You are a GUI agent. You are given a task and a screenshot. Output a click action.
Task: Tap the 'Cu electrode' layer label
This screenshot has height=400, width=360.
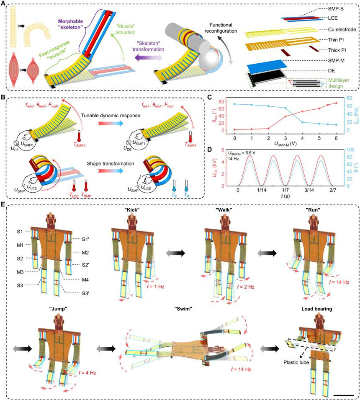(x=342, y=29)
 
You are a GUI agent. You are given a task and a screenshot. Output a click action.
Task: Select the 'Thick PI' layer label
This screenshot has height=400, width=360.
(x=337, y=50)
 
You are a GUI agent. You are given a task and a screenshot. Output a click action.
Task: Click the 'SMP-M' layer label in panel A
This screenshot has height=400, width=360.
(x=336, y=60)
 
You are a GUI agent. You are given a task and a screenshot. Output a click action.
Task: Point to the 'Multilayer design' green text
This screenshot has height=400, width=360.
(x=339, y=83)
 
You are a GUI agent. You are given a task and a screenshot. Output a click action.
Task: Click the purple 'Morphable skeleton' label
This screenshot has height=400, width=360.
(x=70, y=24)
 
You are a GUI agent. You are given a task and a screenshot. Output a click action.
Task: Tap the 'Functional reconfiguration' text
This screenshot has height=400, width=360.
(x=221, y=28)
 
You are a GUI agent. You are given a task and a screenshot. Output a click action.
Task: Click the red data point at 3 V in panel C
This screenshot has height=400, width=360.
(x=285, y=116)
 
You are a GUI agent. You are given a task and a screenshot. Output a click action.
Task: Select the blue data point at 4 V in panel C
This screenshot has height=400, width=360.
(x=302, y=122)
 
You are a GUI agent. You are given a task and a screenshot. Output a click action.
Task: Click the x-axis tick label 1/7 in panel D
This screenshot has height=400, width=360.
(x=285, y=190)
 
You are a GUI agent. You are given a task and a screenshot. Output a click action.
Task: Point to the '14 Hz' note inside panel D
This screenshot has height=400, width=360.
(x=233, y=159)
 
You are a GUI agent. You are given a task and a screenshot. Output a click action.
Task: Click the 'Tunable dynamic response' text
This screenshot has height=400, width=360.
(x=111, y=116)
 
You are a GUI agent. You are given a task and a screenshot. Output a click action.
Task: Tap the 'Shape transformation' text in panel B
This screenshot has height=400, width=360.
(x=111, y=163)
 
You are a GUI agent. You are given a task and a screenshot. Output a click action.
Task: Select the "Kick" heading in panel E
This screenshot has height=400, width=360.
(x=132, y=210)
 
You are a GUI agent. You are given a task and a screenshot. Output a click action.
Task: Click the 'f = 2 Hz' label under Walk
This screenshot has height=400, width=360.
(x=246, y=287)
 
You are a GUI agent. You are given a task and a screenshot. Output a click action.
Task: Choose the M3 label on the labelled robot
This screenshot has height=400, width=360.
(x=20, y=272)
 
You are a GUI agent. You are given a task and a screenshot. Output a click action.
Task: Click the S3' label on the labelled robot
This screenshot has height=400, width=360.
(x=85, y=293)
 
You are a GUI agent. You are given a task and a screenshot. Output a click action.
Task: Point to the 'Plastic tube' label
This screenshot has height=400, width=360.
(x=296, y=362)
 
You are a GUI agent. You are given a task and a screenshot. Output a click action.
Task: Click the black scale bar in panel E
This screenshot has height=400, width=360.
(x=343, y=395)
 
